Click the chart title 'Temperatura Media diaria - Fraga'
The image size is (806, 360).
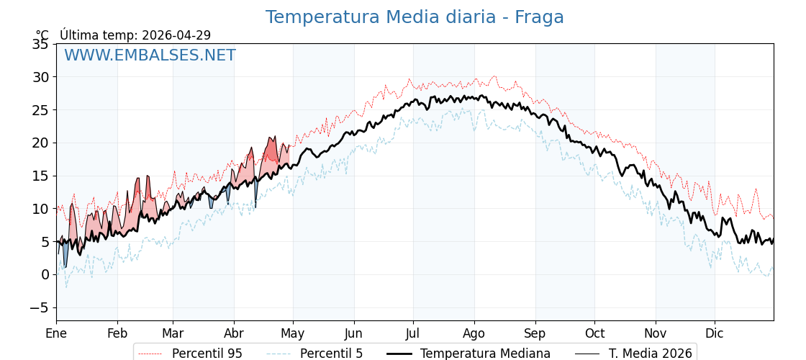tap(415, 17)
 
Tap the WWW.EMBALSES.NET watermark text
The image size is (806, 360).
tap(150, 55)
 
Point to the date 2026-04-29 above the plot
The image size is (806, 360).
tap(176, 35)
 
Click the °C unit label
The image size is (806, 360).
tap(42, 35)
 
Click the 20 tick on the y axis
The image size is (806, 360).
tap(41, 143)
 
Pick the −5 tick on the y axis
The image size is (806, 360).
tap(37, 307)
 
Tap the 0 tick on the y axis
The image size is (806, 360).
tap(45, 274)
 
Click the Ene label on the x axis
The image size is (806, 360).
tap(56, 333)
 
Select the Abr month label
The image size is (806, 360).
tap(234, 333)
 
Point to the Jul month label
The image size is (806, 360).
tap(413, 333)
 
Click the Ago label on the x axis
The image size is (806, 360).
tap(474, 333)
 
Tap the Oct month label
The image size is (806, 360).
tap(594, 333)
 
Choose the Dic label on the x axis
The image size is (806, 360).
tap(715, 333)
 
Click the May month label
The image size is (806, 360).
tap(293, 333)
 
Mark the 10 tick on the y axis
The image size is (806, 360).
tap(41, 209)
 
